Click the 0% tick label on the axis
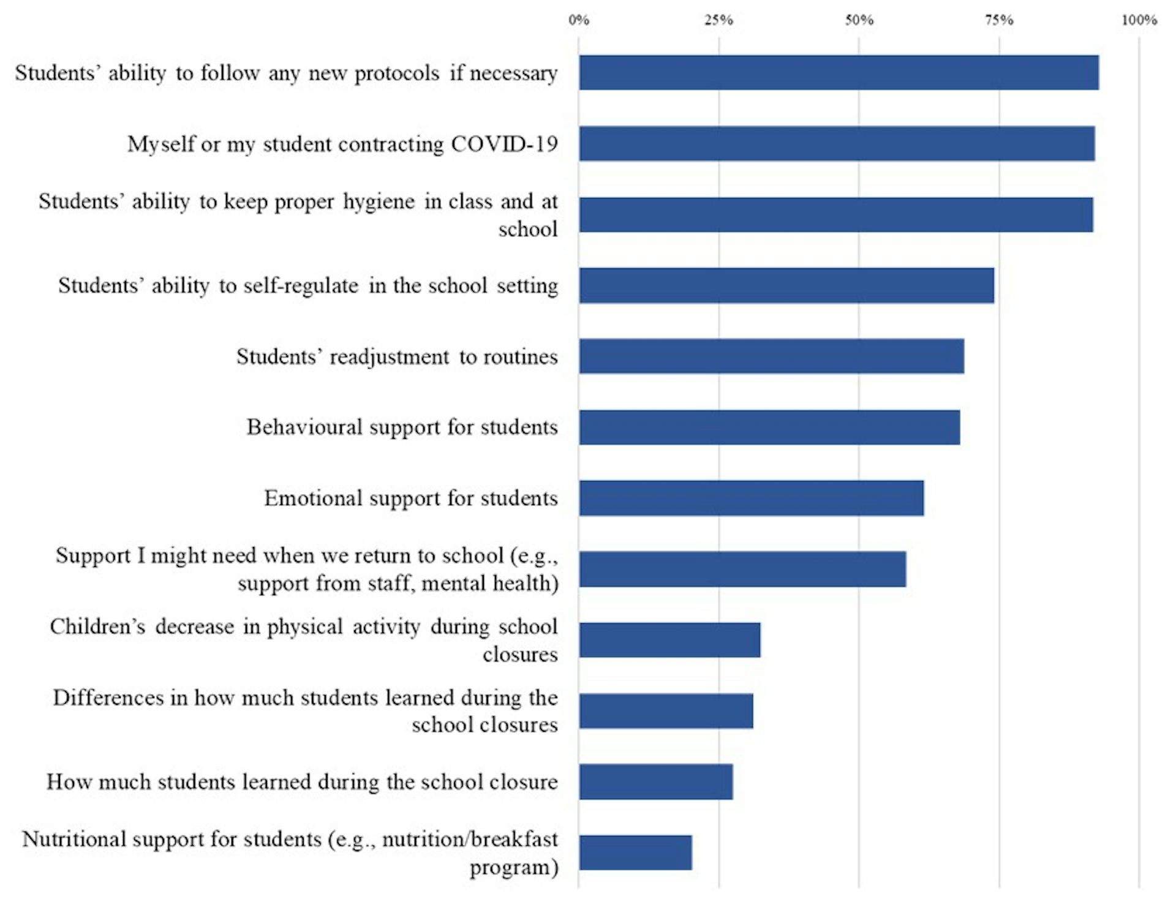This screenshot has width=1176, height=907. coord(578,20)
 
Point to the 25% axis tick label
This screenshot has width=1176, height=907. coord(718,20)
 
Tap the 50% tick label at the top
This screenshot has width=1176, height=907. coord(859,20)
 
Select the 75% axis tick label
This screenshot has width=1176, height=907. coord(999,20)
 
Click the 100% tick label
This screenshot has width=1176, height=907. coord(1139,20)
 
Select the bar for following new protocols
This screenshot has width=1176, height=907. coord(839,73)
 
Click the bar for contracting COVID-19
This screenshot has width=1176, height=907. coord(837,144)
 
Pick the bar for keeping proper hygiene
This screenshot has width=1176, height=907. coord(835,215)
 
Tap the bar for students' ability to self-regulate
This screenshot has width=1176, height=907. coord(786,285)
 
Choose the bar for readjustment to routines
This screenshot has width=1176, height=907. coord(771,356)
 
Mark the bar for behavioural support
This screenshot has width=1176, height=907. coord(769,427)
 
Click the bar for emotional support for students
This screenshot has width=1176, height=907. coord(751,499)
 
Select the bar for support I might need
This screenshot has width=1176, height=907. coord(742,570)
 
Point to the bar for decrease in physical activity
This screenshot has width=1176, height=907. coord(669,640)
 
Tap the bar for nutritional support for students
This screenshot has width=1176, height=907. coord(635,852)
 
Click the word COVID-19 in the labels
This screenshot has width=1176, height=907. coord(504,144)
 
